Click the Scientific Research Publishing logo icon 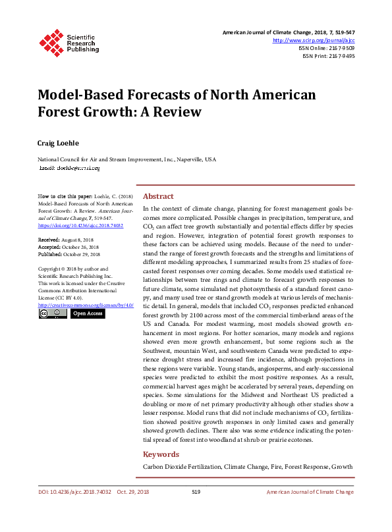click(49, 41)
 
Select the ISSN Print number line click(329, 56)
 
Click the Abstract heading click(158, 196)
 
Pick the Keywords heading click(161, 454)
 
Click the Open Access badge click(88, 314)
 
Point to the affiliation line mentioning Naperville click(125, 159)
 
